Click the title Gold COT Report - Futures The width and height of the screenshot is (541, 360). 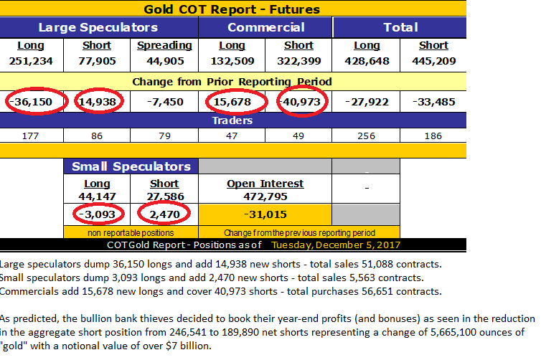click(232, 9)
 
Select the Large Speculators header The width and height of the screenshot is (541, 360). click(98, 27)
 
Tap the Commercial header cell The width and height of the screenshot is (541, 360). click(265, 27)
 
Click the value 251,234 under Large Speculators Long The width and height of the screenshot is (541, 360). click(31, 61)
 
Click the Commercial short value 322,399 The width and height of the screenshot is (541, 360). click(299, 61)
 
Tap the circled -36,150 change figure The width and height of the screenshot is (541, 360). click(31, 102)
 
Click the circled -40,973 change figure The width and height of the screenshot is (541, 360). click(300, 102)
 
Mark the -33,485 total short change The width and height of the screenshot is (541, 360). click(434, 102)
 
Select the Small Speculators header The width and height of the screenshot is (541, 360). click(131, 166)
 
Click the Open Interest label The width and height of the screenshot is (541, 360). click(265, 184)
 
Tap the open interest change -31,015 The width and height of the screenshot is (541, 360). click(265, 214)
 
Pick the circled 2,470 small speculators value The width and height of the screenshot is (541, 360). click(164, 214)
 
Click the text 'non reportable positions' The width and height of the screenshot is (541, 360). click(131, 232)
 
